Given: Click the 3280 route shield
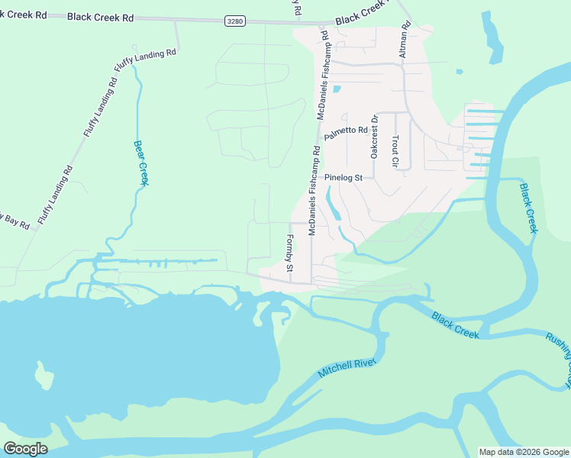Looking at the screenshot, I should [x=235, y=21].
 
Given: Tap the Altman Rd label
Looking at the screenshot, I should [x=406, y=40].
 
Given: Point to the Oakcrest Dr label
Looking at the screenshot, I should [x=374, y=137].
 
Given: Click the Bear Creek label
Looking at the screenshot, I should [x=141, y=163].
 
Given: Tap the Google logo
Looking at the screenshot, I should [x=25, y=449].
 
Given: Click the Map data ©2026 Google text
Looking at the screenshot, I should [x=524, y=452].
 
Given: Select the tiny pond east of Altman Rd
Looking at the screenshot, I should [x=460, y=73].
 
